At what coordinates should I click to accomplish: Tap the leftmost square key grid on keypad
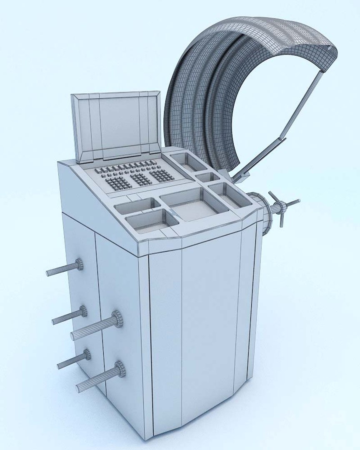[118, 182]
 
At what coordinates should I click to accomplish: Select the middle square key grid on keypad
[141, 179]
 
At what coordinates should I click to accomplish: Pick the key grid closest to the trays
[162, 175]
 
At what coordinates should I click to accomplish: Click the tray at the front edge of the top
[150, 221]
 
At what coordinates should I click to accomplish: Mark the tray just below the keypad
[137, 205]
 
